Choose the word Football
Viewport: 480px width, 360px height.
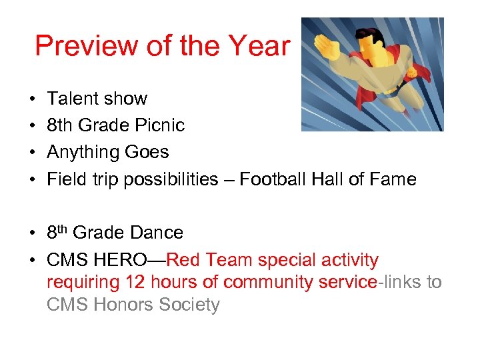pyautogui.click(x=273, y=179)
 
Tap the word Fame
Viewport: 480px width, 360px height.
pyautogui.click(x=393, y=179)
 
